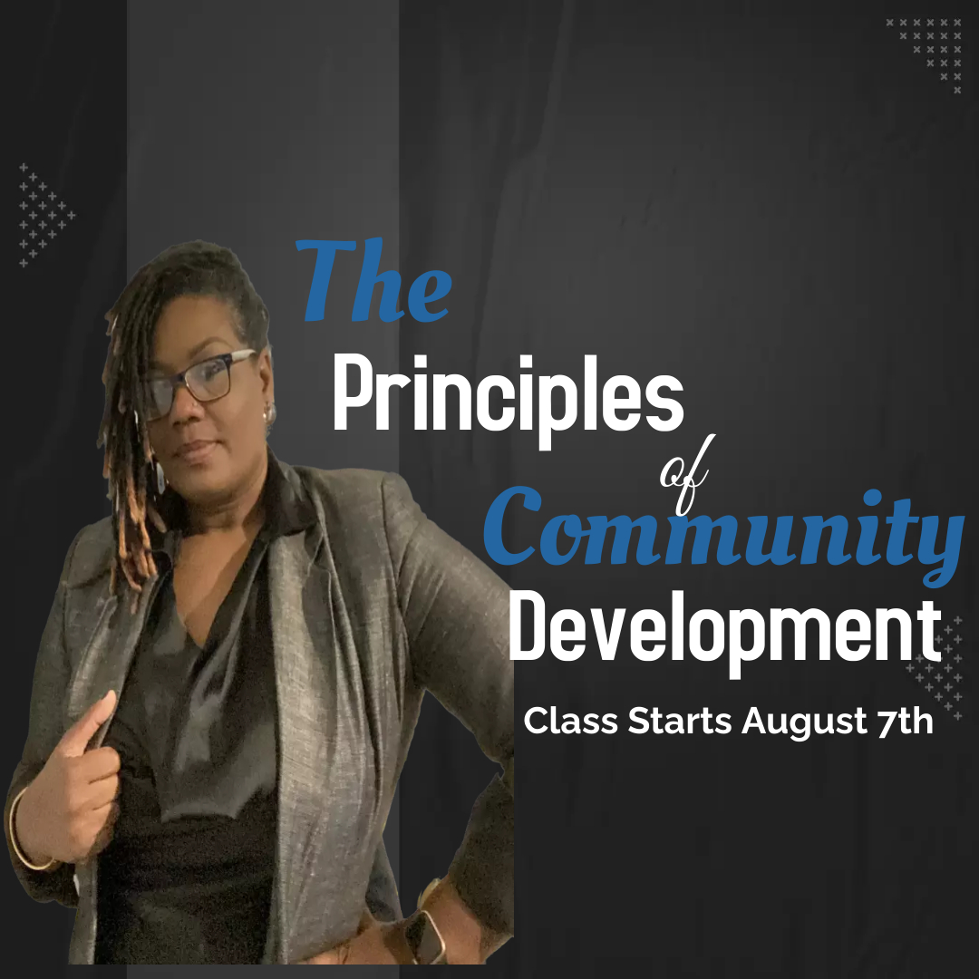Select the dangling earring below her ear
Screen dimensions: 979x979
click(160, 476)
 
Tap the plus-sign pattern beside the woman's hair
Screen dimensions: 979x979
click(45, 216)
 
